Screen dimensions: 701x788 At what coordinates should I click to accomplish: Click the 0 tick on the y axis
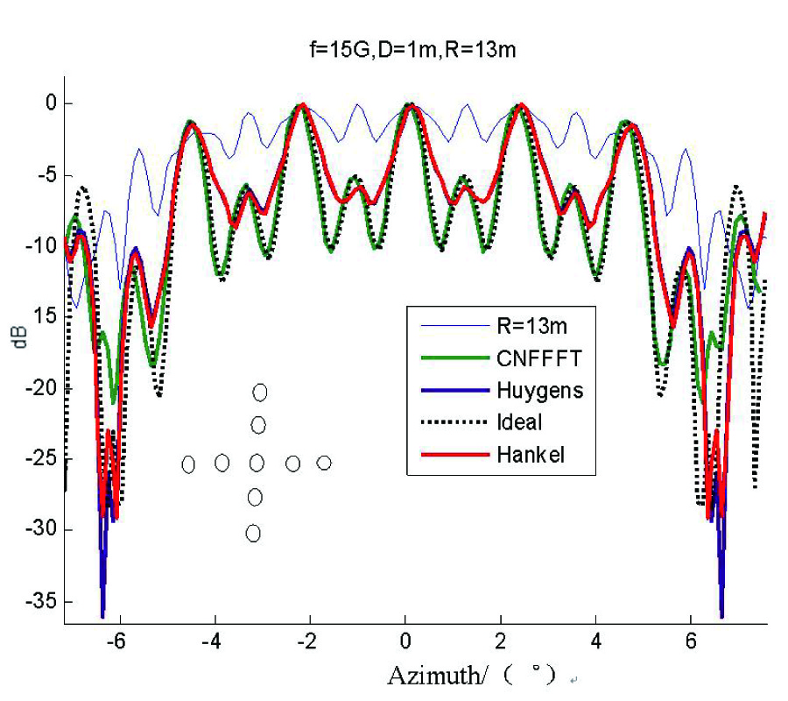pos(51,103)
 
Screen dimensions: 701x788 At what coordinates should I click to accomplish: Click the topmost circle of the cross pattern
pos(260,392)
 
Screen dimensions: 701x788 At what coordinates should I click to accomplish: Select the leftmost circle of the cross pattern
pos(188,464)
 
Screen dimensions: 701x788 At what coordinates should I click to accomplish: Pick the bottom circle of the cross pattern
pos(253,533)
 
